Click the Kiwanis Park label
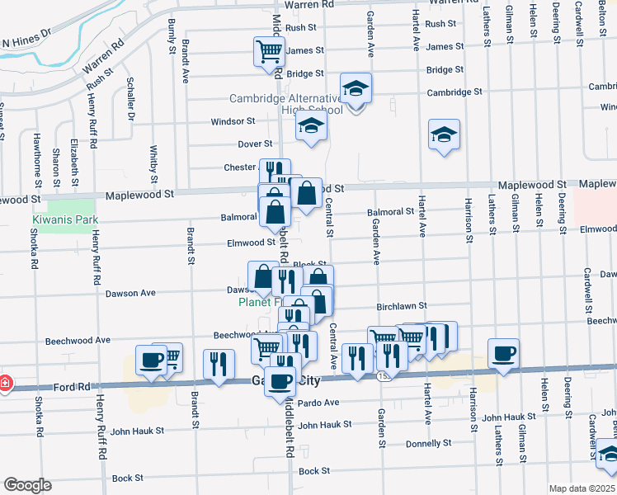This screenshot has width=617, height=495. click(66, 219)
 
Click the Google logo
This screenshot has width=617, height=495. click(27, 485)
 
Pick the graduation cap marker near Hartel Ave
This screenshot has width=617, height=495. click(444, 135)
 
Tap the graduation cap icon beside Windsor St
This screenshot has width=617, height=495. click(311, 126)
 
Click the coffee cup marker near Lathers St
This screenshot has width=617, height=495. click(503, 354)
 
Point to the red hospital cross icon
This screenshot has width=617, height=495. click(5, 383)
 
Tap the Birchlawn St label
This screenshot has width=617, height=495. click(401, 305)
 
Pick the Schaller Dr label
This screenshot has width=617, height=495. click(130, 100)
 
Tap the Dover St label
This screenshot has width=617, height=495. click(255, 144)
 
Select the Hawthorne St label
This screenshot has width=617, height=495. click(36, 157)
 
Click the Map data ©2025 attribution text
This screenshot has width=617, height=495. click(582, 488)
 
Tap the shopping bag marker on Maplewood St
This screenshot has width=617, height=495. click(306, 195)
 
